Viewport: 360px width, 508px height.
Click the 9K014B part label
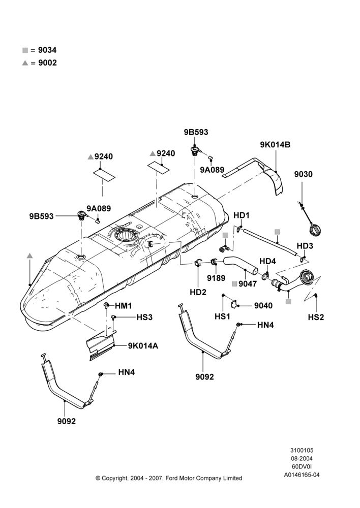click(x=275, y=145)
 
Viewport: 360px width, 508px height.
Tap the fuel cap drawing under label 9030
click(x=315, y=230)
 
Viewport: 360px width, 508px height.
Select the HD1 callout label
click(x=242, y=215)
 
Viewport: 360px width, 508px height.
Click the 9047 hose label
click(x=248, y=284)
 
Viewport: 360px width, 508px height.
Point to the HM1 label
click(x=123, y=306)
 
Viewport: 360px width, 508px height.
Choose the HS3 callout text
click(x=144, y=317)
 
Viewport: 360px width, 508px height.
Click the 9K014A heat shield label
click(x=143, y=346)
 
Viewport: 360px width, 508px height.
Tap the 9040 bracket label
click(x=263, y=305)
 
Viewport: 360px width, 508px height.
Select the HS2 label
click(x=316, y=317)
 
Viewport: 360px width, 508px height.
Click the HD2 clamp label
click(x=198, y=292)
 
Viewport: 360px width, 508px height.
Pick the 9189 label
click(x=216, y=278)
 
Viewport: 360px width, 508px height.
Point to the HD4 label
click(x=267, y=261)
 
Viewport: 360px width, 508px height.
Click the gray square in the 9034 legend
click(x=25, y=50)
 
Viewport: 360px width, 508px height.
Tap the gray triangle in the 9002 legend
click(x=25, y=63)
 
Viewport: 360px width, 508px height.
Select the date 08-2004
click(x=302, y=458)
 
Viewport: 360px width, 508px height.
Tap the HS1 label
click(x=223, y=316)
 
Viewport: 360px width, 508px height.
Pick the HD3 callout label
click(x=305, y=246)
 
